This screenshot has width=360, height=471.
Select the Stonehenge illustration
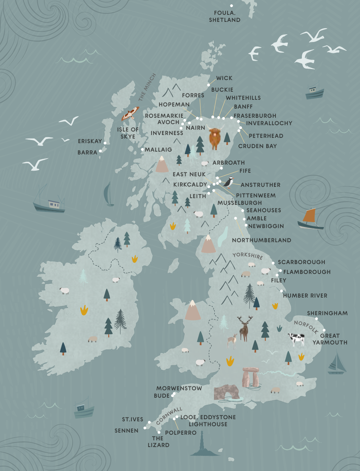pos(251,377)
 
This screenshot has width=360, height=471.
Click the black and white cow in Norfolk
pos(296,339)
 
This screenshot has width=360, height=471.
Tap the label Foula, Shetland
pos(224,17)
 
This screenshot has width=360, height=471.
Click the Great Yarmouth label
pos(330,339)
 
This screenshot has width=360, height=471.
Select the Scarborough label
pos(301,262)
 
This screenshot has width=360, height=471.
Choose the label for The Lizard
pos(158,441)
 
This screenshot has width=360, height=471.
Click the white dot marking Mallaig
pos(142,149)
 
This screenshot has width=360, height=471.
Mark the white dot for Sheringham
pos(316,319)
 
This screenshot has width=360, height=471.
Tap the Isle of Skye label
pos(128,133)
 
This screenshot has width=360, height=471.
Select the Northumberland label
pos(261,240)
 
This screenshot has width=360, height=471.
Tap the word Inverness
pos(167,133)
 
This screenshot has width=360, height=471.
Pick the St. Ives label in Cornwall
pos(132,419)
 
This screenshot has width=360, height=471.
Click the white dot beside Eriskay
pos(105,143)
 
